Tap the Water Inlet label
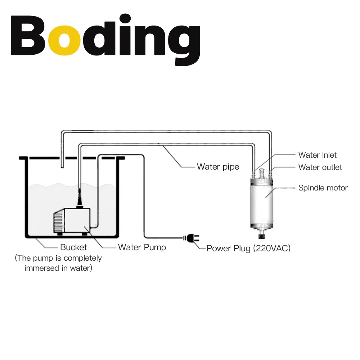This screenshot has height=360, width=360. [317, 155]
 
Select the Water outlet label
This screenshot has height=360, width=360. [320, 167]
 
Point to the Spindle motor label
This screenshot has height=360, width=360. [323, 188]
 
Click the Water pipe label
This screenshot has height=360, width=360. [218, 167]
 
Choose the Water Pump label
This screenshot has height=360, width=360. [142, 247]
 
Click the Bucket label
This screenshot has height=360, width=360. [73, 247]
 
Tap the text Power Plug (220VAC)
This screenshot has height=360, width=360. [248, 248]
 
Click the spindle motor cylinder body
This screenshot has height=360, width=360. [262, 203]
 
